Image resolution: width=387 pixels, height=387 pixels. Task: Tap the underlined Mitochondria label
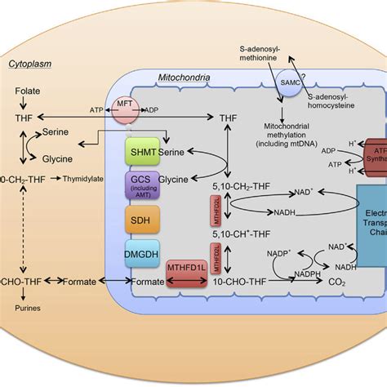coord(184,79)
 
